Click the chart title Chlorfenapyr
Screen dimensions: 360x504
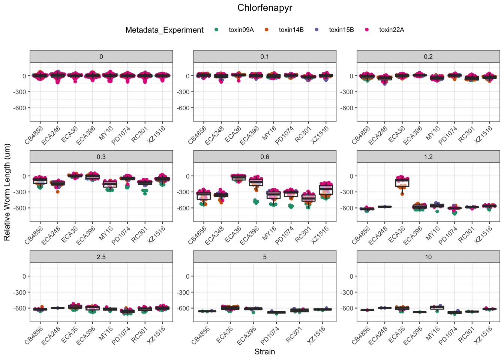click(x=264, y=8)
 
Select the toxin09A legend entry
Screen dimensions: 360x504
click(x=241, y=30)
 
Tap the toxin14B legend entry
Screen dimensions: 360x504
click(x=291, y=30)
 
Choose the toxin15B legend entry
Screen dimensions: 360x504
click(x=341, y=30)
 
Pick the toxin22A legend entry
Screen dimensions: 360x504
click(x=391, y=30)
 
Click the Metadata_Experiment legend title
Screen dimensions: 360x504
click(x=164, y=30)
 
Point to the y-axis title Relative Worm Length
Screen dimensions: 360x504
click(x=7, y=192)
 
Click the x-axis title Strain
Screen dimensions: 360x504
click(x=264, y=352)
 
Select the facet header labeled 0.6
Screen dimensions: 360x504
click(x=265, y=157)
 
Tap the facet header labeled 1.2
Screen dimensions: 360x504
click(x=428, y=157)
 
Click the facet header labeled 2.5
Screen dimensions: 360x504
click(x=101, y=257)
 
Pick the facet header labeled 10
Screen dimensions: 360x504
click(x=428, y=257)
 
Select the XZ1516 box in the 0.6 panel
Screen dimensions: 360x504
click(x=326, y=190)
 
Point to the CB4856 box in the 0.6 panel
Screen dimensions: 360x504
click(x=204, y=195)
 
